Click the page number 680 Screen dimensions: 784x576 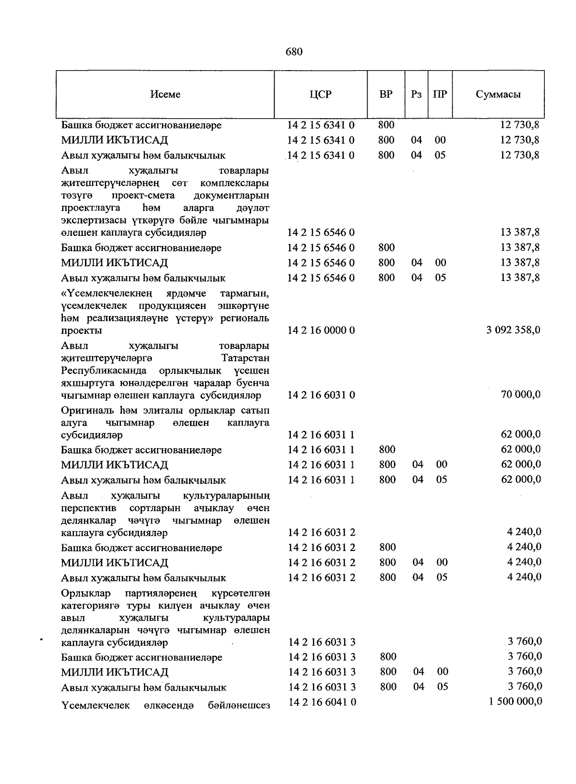coord(293,52)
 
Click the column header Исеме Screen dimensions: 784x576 coord(165,95)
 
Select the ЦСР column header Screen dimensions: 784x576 coord(321,95)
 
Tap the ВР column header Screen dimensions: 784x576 coord(386,94)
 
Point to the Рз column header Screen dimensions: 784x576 coord(416,95)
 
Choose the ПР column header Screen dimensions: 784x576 coord(440,95)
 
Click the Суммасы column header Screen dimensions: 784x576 coord(498,95)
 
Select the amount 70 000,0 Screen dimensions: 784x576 coord(521,394)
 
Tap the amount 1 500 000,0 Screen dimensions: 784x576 coord(516,701)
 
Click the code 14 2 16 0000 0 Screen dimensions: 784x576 coord(321,331)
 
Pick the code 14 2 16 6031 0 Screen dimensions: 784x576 coord(321,395)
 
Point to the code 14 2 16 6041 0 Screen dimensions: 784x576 coord(322,702)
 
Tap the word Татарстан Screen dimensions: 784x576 coord(245,358)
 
